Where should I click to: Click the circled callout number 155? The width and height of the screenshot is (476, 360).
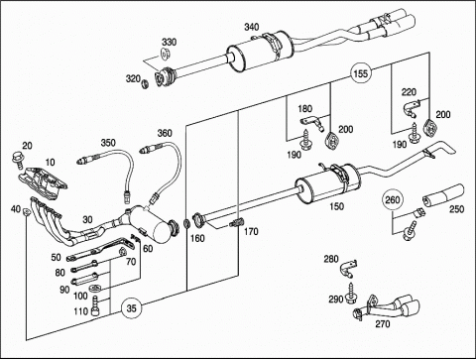pyautogui.click(x=360, y=73)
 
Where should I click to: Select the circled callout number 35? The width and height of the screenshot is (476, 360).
pyautogui.click(x=131, y=308)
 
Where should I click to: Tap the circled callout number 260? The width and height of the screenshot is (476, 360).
pyautogui.click(x=393, y=200)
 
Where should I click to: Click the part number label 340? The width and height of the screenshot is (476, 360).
pyautogui.click(x=252, y=27)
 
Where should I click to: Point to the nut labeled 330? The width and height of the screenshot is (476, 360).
pyautogui.click(x=165, y=54)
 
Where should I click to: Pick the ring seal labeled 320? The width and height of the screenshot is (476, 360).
pyautogui.click(x=145, y=84)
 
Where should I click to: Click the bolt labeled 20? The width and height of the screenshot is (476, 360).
pyautogui.click(x=18, y=159)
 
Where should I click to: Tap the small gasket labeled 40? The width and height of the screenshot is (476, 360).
pyautogui.click(x=26, y=210)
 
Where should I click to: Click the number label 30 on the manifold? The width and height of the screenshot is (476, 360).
pyautogui.click(x=87, y=219)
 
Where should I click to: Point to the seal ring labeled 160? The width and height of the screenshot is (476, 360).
pyautogui.click(x=186, y=223)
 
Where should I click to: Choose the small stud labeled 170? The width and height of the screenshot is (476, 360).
pyautogui.click(x=236, y=223)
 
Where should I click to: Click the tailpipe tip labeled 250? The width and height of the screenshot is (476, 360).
pyautogui.click(x=443, y=196)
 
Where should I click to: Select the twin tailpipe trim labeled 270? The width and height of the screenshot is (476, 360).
pyautogui.click(x=387, y=306)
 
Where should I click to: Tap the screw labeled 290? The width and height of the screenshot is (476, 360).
pyautogui.click(x=350, y=294)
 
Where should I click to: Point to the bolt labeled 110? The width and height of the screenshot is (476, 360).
pyautogui.click(x=95, y=306)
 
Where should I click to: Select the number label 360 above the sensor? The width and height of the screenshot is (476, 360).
pyautogui.click(x=165, y=133)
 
